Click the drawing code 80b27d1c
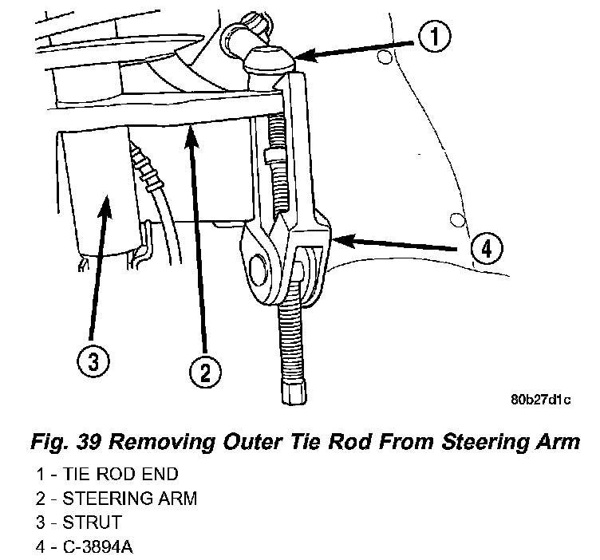[x=543, y=400]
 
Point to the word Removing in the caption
[x=180, y=440]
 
